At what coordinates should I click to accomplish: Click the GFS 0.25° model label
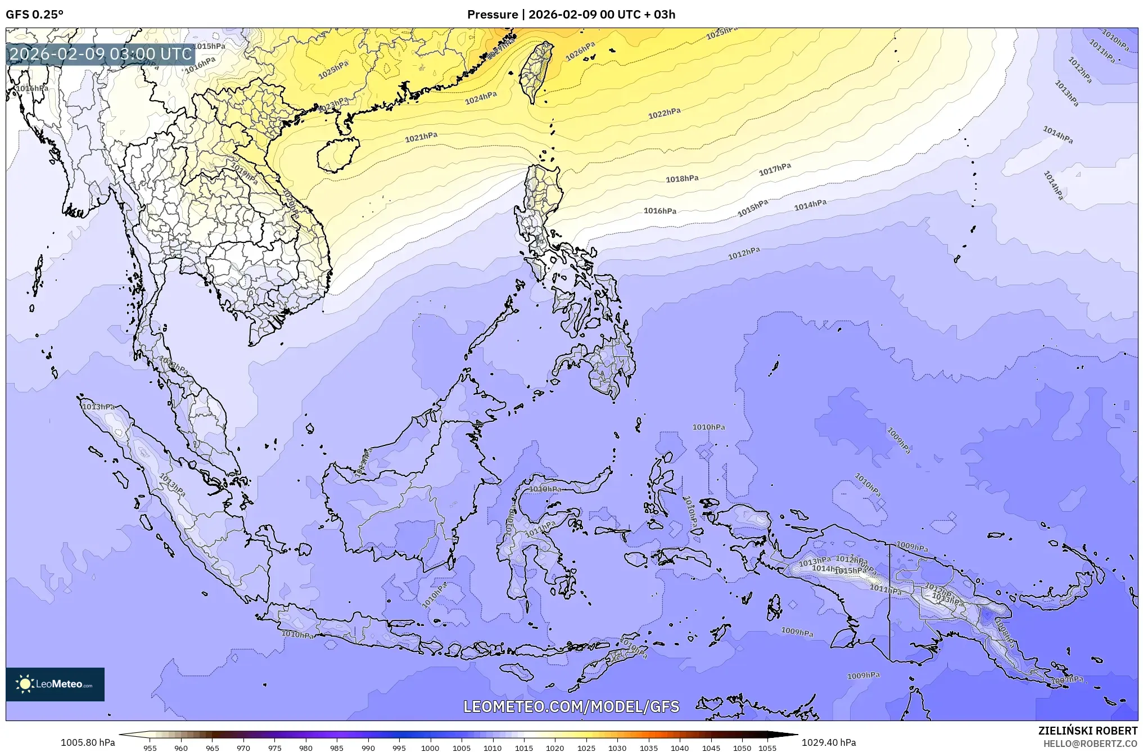pos(34,15)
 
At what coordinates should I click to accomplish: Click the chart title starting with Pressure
pos(571,15)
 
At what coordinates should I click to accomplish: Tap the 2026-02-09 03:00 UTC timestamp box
pos(101,54)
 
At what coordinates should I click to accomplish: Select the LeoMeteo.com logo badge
pos(55,684)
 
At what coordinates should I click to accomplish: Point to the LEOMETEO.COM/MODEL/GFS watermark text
pos(571,706)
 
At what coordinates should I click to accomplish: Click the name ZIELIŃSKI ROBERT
pos(1087,731)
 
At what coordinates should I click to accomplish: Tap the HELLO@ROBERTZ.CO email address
pos(1090,744)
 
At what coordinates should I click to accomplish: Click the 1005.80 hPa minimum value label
pos(88,742)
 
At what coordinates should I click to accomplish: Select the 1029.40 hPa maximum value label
pos(829,742)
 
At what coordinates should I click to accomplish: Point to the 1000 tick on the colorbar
pos(430,748)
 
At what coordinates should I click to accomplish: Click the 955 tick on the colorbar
pos(150,748)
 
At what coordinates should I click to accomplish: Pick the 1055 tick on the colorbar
pos(767,748)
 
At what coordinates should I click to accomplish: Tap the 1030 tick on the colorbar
pos(617,748)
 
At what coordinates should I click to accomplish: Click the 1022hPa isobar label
pos(664,114)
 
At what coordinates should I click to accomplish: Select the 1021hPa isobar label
pos(421,137)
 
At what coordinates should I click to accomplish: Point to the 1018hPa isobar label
pos(682,179)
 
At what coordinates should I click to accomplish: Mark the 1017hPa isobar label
pos(775,169)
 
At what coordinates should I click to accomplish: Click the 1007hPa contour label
pos(1067,680)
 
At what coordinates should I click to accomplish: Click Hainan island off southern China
pos(337,153)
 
